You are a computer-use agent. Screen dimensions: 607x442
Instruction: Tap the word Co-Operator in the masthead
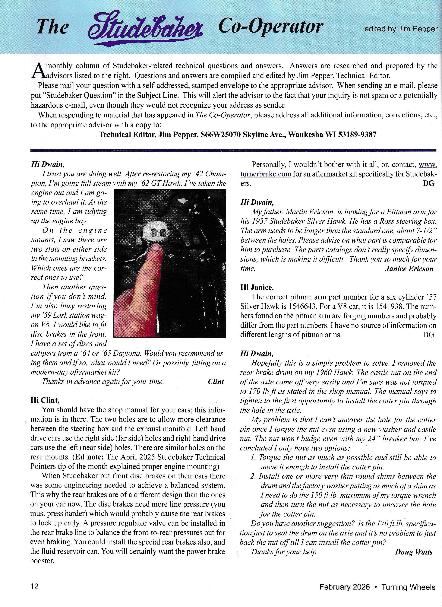(271, 27)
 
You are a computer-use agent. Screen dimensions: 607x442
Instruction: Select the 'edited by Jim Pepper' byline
(401, 29)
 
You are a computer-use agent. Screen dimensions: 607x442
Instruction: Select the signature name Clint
(216, 382)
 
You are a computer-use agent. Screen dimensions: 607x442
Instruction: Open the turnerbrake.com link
(266, 174)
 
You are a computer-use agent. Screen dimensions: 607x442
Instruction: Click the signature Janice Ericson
(409, 269)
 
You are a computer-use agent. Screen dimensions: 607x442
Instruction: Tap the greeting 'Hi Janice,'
(257, 288)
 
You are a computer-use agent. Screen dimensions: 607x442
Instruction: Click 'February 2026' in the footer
(344, 587)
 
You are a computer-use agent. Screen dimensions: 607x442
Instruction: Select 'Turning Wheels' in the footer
(408, 587)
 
